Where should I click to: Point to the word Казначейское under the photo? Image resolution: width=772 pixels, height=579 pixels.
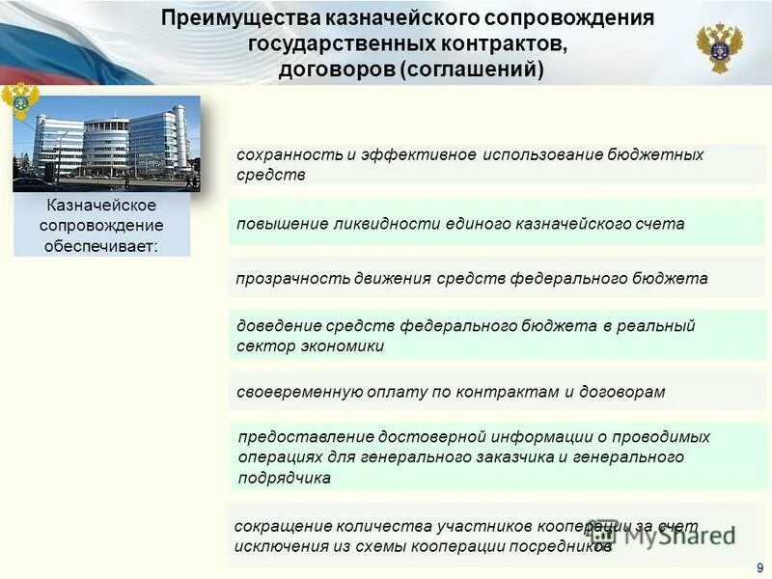pos(101,206)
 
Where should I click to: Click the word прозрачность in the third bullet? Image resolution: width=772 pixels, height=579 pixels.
pos(284,278)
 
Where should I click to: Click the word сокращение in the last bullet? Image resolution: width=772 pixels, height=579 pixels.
pos(278,526)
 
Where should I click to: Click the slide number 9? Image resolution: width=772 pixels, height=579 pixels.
pos(759,567)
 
